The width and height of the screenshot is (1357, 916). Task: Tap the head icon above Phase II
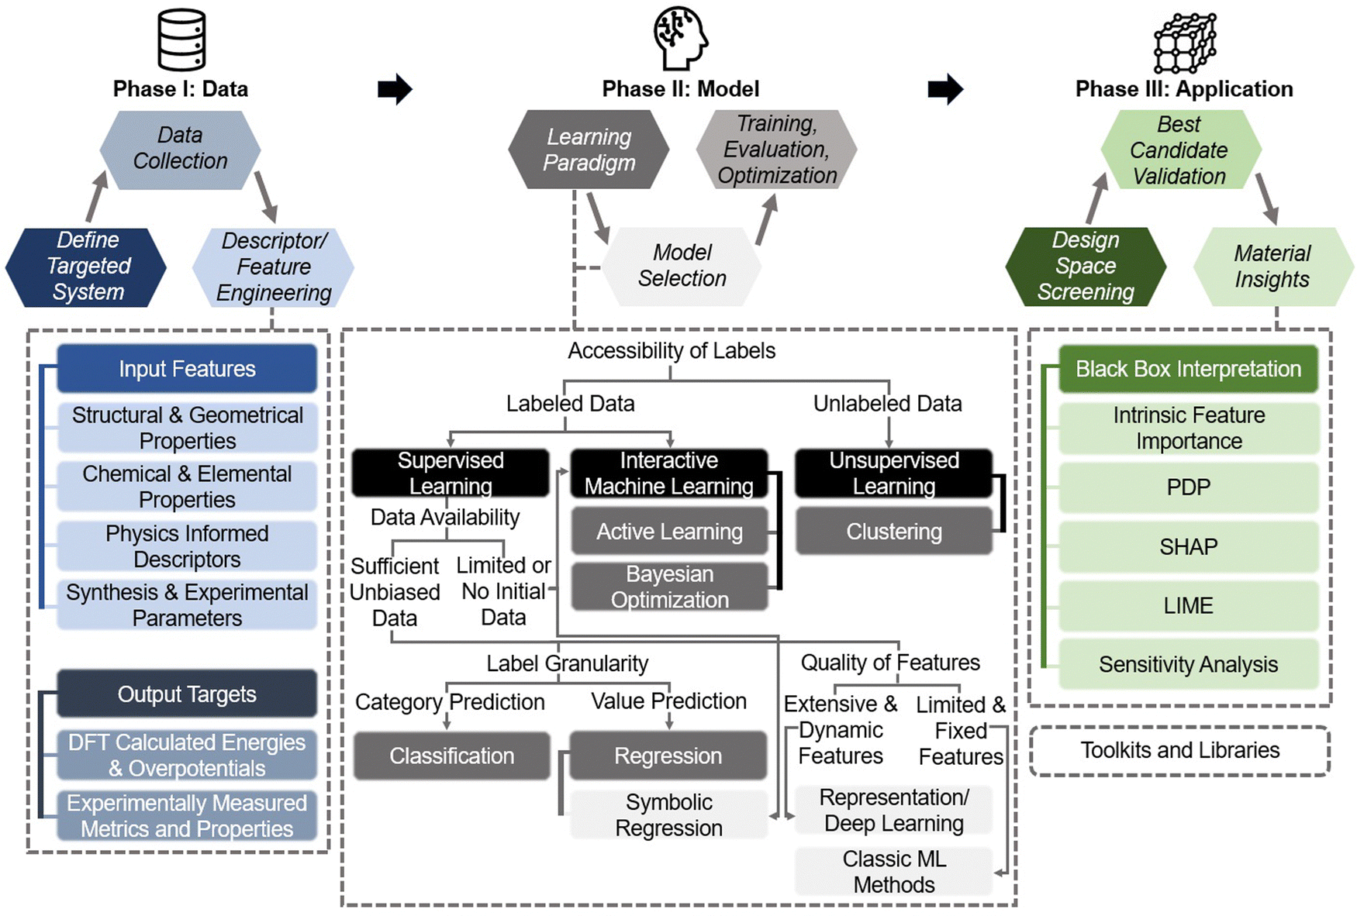[680, 37]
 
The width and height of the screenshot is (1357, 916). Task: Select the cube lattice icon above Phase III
[1184, 43]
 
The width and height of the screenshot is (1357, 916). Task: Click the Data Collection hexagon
[180, 149]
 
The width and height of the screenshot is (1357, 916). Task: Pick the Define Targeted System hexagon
[86, 267]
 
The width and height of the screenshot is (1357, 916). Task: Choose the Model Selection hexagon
[682, 266]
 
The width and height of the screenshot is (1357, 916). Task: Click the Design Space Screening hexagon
[1086, 267]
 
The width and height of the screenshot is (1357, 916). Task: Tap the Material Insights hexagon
[1272, 267]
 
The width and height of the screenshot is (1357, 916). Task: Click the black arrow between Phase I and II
[395, 89]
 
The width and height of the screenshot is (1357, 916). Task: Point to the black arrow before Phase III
[944, 89]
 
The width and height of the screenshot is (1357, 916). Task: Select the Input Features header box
[187, 369]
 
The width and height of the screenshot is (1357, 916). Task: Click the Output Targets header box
[187, 694]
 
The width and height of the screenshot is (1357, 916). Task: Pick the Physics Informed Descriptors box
[187, 546]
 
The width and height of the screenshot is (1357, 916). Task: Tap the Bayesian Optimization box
[669, 587]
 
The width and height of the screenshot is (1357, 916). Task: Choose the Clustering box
[894, 532]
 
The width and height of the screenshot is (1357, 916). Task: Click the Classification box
[451, 756]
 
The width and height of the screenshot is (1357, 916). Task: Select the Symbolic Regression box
[668, 814]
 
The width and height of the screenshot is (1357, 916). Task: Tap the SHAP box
[1188, 546]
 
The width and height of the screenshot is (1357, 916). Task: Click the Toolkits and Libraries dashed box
[1179, 750]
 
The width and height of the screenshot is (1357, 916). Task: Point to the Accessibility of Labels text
[672, 351]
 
